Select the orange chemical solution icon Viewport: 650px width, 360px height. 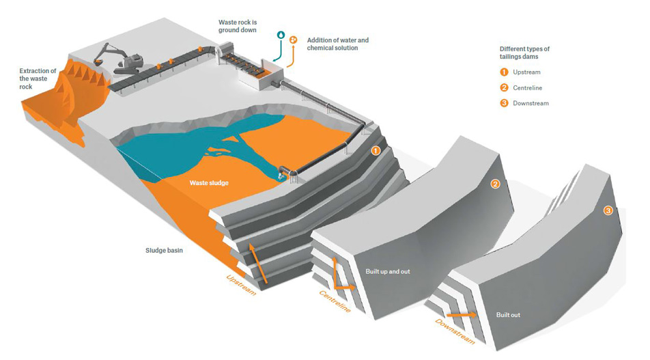(x=293, y=40)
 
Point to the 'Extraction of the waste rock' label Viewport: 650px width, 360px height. (x=38, y=79)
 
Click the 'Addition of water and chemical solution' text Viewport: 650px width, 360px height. (x=337, y=44)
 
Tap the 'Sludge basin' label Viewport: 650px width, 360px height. (x=164, y=250)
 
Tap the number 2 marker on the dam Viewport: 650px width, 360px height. (x=496, y=183)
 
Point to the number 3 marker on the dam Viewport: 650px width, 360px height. (x=608, y=210)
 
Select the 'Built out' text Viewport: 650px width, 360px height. (x=508, y=315)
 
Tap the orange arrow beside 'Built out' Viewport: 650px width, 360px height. (x=464, y=315)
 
